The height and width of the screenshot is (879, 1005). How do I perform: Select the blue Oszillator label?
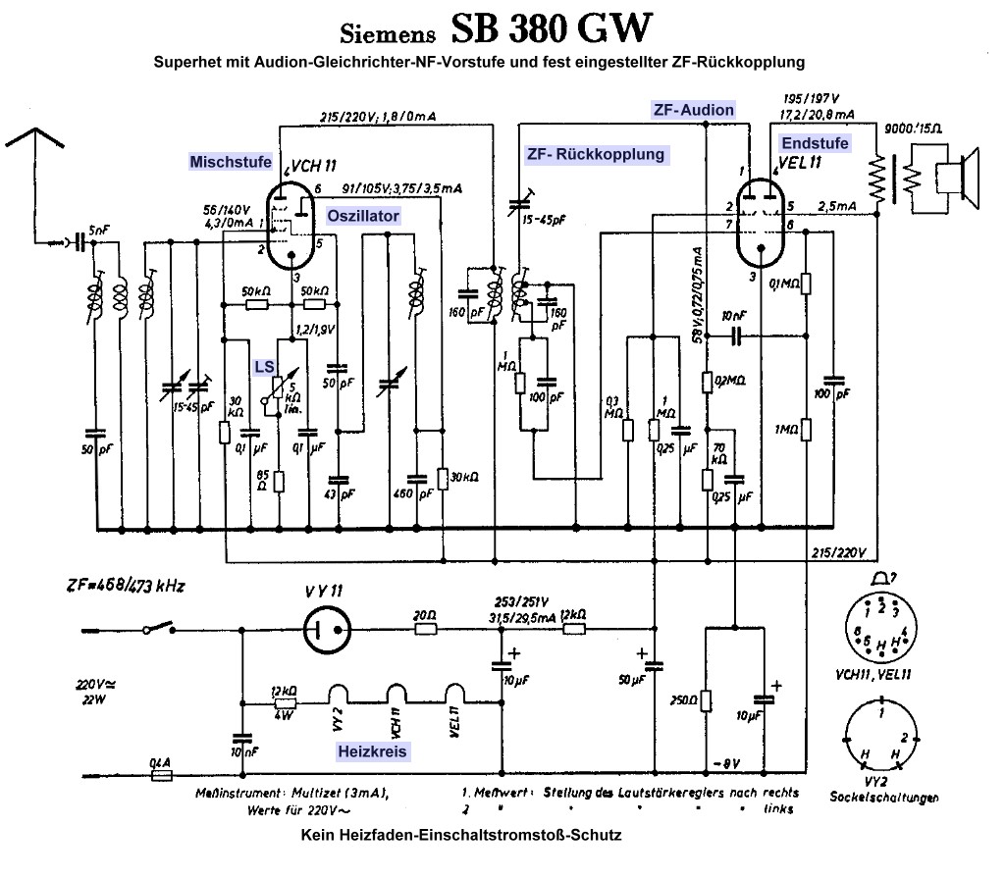(364, 215)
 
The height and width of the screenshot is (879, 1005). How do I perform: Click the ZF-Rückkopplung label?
(595, 154)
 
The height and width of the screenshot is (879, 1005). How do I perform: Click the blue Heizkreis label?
(373, 750)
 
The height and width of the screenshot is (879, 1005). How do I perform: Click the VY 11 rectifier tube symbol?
(325, 630)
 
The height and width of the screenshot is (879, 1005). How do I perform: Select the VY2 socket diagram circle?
(882, 735)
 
